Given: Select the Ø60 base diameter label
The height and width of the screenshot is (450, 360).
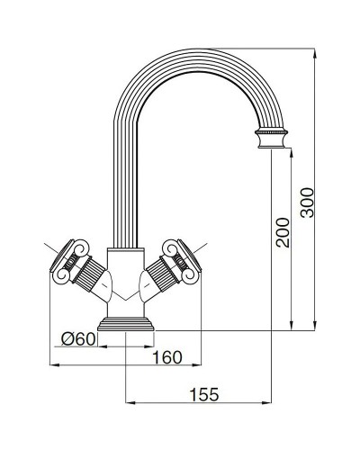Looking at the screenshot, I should (77, 339).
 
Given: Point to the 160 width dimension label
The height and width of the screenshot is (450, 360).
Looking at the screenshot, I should (166, 357).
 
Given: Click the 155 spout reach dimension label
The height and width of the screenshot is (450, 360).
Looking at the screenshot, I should (207, 393).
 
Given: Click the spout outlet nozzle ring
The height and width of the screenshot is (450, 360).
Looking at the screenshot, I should (273, 138).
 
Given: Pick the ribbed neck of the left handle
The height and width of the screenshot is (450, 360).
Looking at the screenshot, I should (89, 272).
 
